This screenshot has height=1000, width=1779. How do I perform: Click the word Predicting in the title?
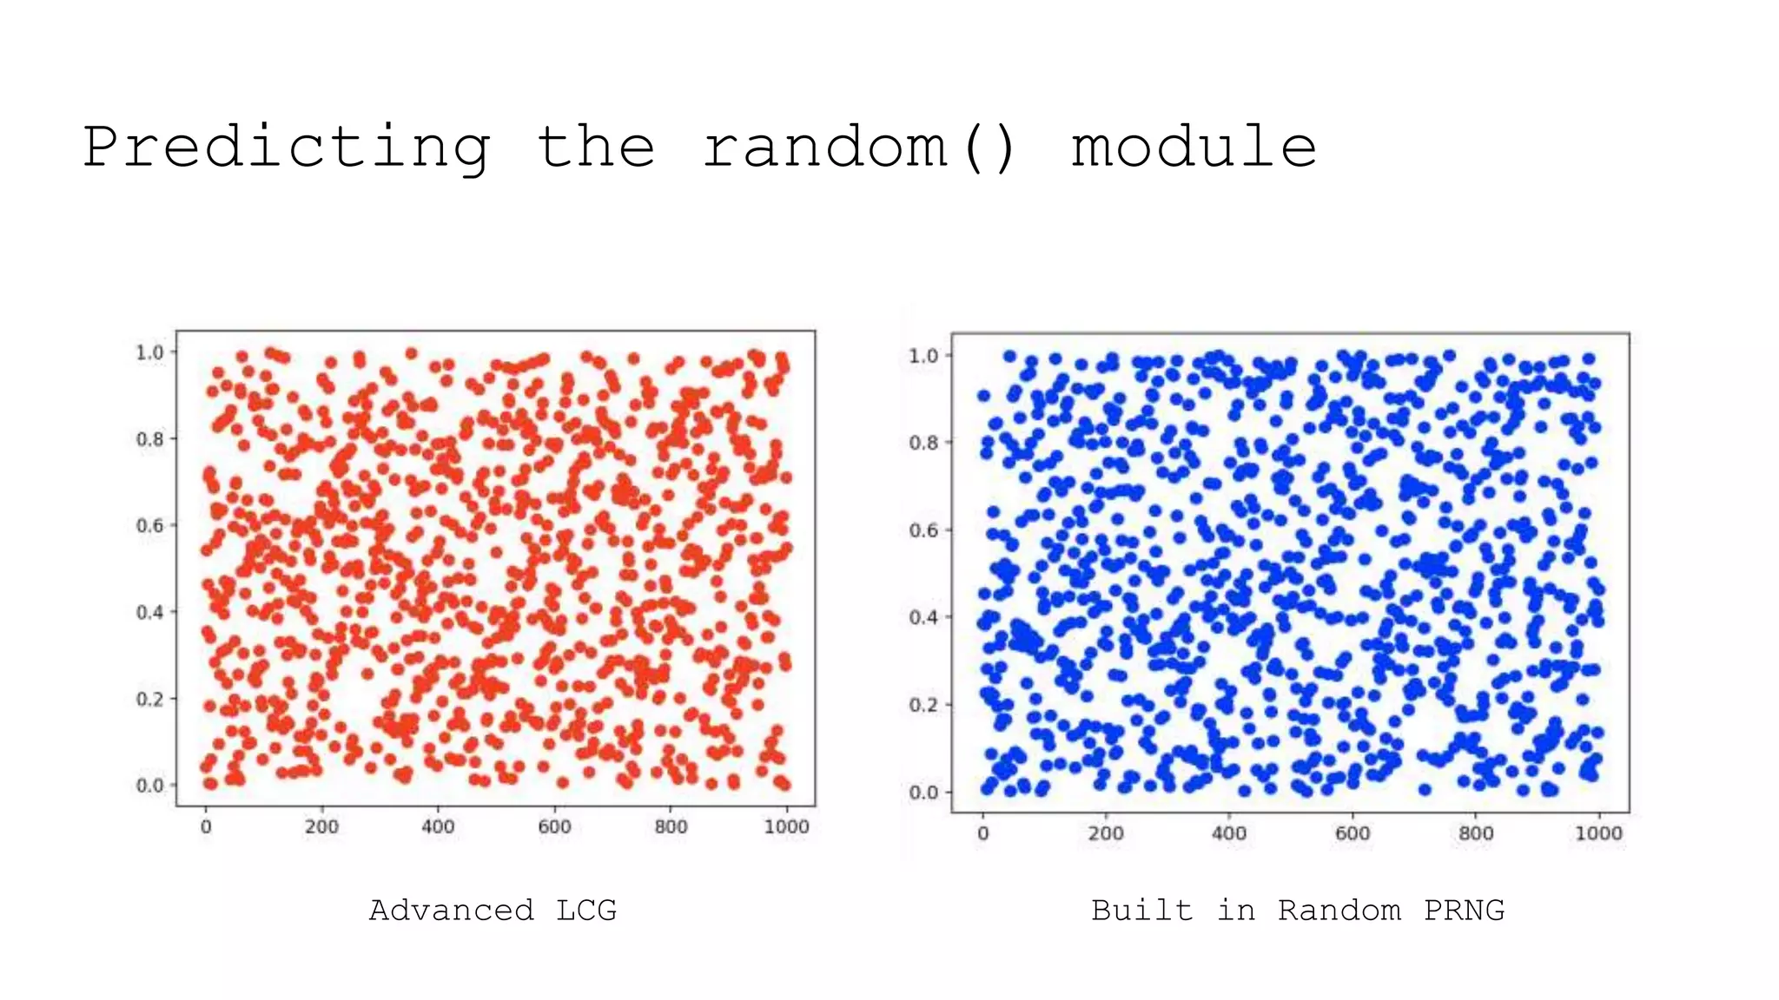coord(287,148)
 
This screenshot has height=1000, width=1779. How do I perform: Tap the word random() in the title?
coord(859,148)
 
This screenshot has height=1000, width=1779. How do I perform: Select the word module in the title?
coord(1194,148)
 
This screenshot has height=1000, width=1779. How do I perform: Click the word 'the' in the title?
coord(596,148)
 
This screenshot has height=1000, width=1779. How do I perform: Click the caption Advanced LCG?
coord(493,911)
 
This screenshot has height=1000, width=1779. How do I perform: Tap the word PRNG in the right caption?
coord(1464,911)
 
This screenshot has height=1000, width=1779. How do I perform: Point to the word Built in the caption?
coord(1141,911)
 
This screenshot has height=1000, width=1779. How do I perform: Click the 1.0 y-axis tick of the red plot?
coord(149,352)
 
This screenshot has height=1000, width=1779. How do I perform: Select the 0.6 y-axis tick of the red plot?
coord(149,526)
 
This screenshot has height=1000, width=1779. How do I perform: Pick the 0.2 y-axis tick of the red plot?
coord(149,700)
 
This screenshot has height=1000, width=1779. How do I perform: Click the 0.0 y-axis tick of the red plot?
coord(149,786)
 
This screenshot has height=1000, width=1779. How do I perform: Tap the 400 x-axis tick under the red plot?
coord(438,827)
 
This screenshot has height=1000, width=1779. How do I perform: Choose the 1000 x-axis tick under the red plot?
coord(786,827)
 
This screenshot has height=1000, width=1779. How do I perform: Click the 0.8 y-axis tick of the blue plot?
coord(923,443)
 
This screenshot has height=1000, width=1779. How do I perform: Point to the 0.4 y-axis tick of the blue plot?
coord(923,617)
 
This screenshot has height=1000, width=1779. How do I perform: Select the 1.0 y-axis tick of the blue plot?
coord(923,356)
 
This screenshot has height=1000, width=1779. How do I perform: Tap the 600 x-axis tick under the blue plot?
coord(1352,834)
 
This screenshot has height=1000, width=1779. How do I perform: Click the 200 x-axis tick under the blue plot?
coord(1106,834)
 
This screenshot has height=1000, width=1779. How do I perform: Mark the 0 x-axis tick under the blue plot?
coord(982,834)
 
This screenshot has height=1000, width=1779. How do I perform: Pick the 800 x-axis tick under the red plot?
coord(671,827)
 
